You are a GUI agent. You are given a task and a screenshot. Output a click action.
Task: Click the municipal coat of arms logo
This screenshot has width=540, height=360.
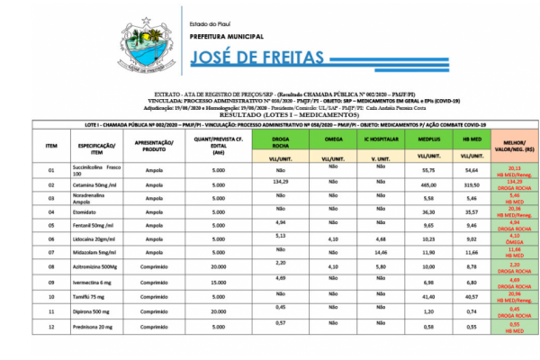pos(143,51)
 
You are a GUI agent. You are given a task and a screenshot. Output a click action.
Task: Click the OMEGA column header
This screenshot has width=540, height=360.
pos(333,139)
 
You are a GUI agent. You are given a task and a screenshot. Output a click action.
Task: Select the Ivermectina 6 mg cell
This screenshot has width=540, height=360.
pos(94,282)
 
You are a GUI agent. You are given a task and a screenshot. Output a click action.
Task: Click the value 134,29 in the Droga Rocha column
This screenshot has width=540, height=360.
pos(279,181)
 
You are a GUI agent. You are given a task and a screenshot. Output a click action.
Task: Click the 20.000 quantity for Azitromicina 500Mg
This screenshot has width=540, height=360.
pos(213,267)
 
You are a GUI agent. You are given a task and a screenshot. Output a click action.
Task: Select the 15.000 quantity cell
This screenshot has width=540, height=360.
pos(213,282)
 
